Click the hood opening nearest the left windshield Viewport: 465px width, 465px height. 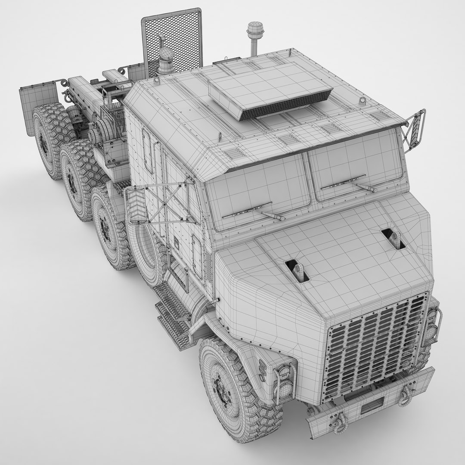(x=298, y=271)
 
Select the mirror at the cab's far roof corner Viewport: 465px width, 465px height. (x=415, y=128)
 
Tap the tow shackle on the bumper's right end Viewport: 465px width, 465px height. (x=405, y=396)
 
